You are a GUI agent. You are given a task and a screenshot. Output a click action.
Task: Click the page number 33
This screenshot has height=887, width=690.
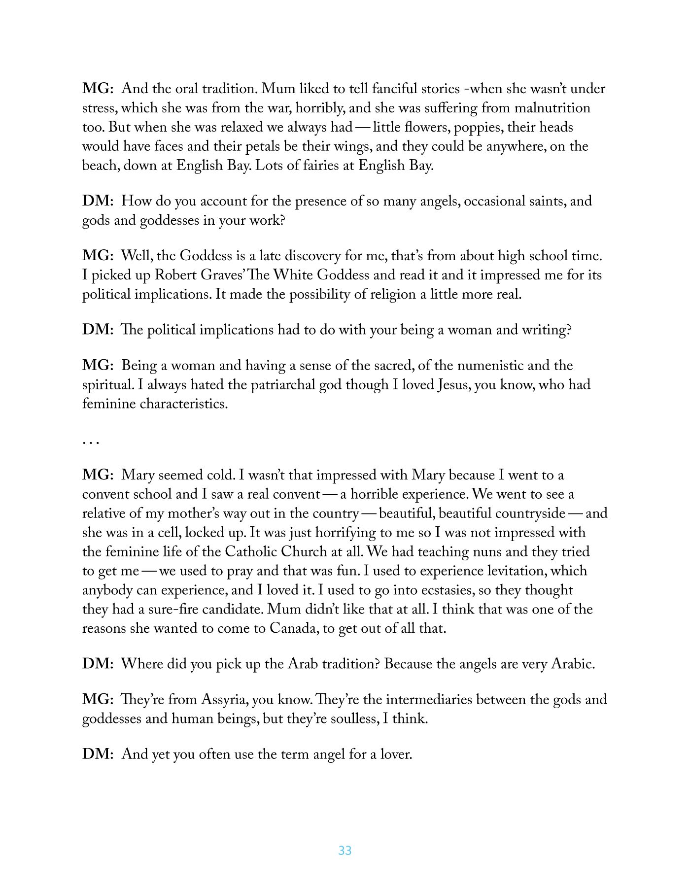pos(345,851)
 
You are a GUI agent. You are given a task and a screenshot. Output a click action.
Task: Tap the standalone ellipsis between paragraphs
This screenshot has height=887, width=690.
pos(91,442)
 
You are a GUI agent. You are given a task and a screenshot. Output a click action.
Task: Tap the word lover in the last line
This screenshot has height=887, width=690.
pos(395,754)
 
